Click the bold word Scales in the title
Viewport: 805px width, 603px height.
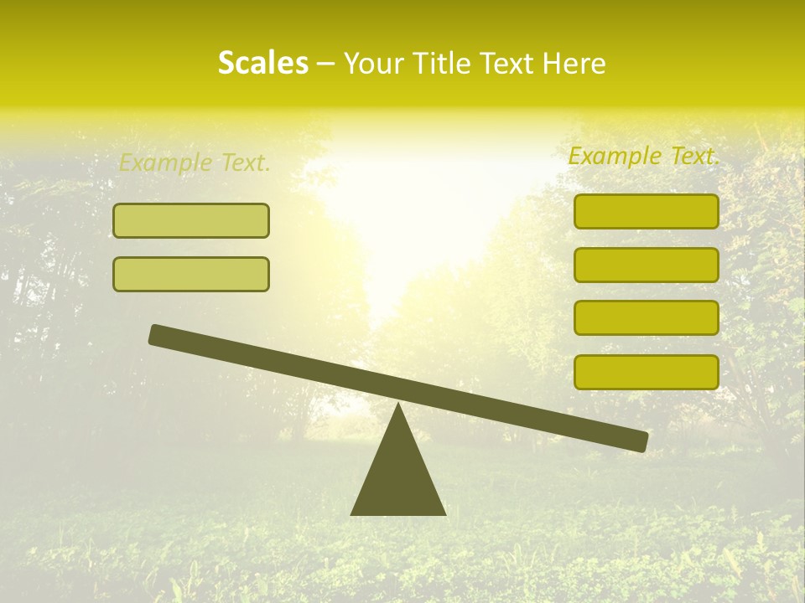tap(262, 64)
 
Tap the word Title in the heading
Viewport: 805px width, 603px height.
tap(444, 64)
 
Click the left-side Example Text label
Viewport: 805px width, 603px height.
tap(195, 163)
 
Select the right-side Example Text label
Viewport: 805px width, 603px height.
tap(644, 157)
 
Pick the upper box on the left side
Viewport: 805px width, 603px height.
tap(191, 221)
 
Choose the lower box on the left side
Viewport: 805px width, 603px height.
tap(191, 275)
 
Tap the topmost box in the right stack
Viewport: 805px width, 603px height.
tap(646, 212)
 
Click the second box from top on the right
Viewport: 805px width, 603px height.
tap(646, 265)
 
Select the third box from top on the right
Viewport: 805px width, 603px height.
tap(646, 318)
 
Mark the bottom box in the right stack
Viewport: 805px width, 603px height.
tap(646, 372)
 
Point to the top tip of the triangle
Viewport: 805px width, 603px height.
tap(397, 405)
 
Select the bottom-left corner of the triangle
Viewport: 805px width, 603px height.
tap(353, 513)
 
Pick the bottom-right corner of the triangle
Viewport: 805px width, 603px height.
tap(444, 513)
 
